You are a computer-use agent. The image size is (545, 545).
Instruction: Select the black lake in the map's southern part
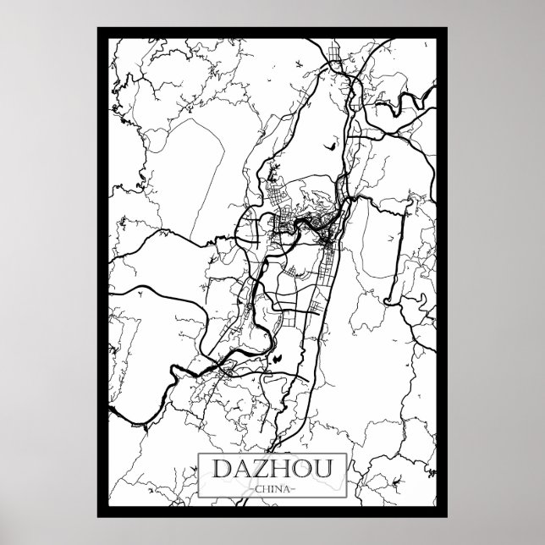tap(277, 360)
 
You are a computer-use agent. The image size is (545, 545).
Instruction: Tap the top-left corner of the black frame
tap(99, 30)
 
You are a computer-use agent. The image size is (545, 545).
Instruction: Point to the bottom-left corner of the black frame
tap(99, 513)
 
